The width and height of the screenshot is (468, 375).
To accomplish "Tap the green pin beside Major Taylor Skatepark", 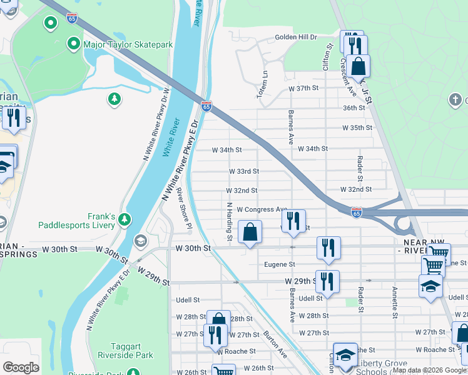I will pyautogui.click(x=74, y=44).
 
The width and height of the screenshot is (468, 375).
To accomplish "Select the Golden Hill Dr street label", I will pyautogui.click(x=297, y=37).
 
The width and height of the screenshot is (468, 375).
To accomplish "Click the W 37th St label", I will pyautogui.click(x=304, y=89).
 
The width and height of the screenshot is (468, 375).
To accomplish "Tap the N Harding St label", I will pyautogui.click(x=230, y=221).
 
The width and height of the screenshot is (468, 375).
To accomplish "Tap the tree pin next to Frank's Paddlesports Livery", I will pyautogui.click(x=125, y=220).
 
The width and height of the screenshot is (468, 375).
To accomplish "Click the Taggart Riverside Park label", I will pyautogui.click(x=125, y=350).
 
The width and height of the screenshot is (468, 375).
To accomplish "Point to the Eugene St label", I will pyautogui.click(x=278, y=265).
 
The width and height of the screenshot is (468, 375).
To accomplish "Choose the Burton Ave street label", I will pyautogui.click(x=275, y=344).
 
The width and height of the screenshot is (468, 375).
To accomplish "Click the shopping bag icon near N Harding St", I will pyautogui.click(x=250, y=232).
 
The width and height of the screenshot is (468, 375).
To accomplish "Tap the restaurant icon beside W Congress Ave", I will pyautogui.click(x=293, y=221).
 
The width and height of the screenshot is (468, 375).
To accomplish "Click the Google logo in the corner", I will pyautogui.click(x=21, y=367).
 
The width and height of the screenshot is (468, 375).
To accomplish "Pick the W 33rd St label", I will pyautogui.click(x=243, y=171).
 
